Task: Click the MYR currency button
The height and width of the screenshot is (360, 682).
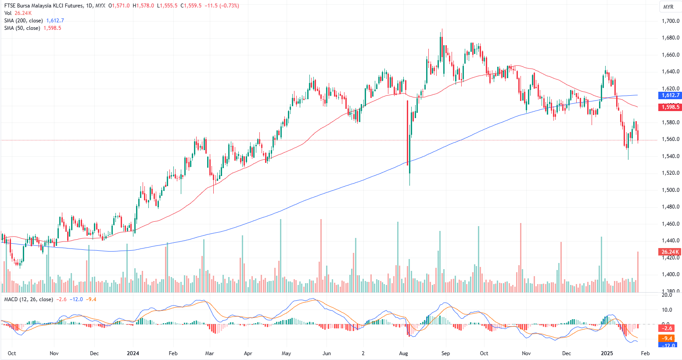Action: coord(668,7)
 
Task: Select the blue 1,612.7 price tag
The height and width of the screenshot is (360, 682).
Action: coord(670,95)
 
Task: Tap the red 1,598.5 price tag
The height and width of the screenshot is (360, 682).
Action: coord(670,107)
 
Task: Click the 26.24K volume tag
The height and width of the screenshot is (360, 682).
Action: coord(670,252)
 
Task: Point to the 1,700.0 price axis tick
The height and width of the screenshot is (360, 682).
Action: coord(671,21)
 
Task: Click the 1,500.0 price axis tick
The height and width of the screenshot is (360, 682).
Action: coord(671,190)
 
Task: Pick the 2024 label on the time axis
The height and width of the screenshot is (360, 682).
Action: coord(133,353)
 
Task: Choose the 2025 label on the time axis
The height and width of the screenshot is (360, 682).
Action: coord(607,353)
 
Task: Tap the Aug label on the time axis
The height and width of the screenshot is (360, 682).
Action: coord(404,353)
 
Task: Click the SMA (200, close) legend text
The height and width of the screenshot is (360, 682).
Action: coord(24,21)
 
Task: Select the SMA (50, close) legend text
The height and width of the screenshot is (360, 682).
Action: coord(22,28)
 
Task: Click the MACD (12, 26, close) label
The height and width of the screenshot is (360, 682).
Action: coord(29,299)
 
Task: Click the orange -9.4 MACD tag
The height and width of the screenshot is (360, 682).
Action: coord(667,338)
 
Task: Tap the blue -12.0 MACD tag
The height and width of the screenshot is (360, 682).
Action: coord(667,346)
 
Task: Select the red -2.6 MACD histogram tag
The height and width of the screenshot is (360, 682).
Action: coord(667,328)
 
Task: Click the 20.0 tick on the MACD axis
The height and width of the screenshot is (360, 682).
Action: coord(667,295)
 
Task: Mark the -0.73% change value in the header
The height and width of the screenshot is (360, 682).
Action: coord(230,6)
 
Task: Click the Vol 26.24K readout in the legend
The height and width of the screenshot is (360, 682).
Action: coord(18,13)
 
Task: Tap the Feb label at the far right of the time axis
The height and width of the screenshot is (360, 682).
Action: coord(645,353)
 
